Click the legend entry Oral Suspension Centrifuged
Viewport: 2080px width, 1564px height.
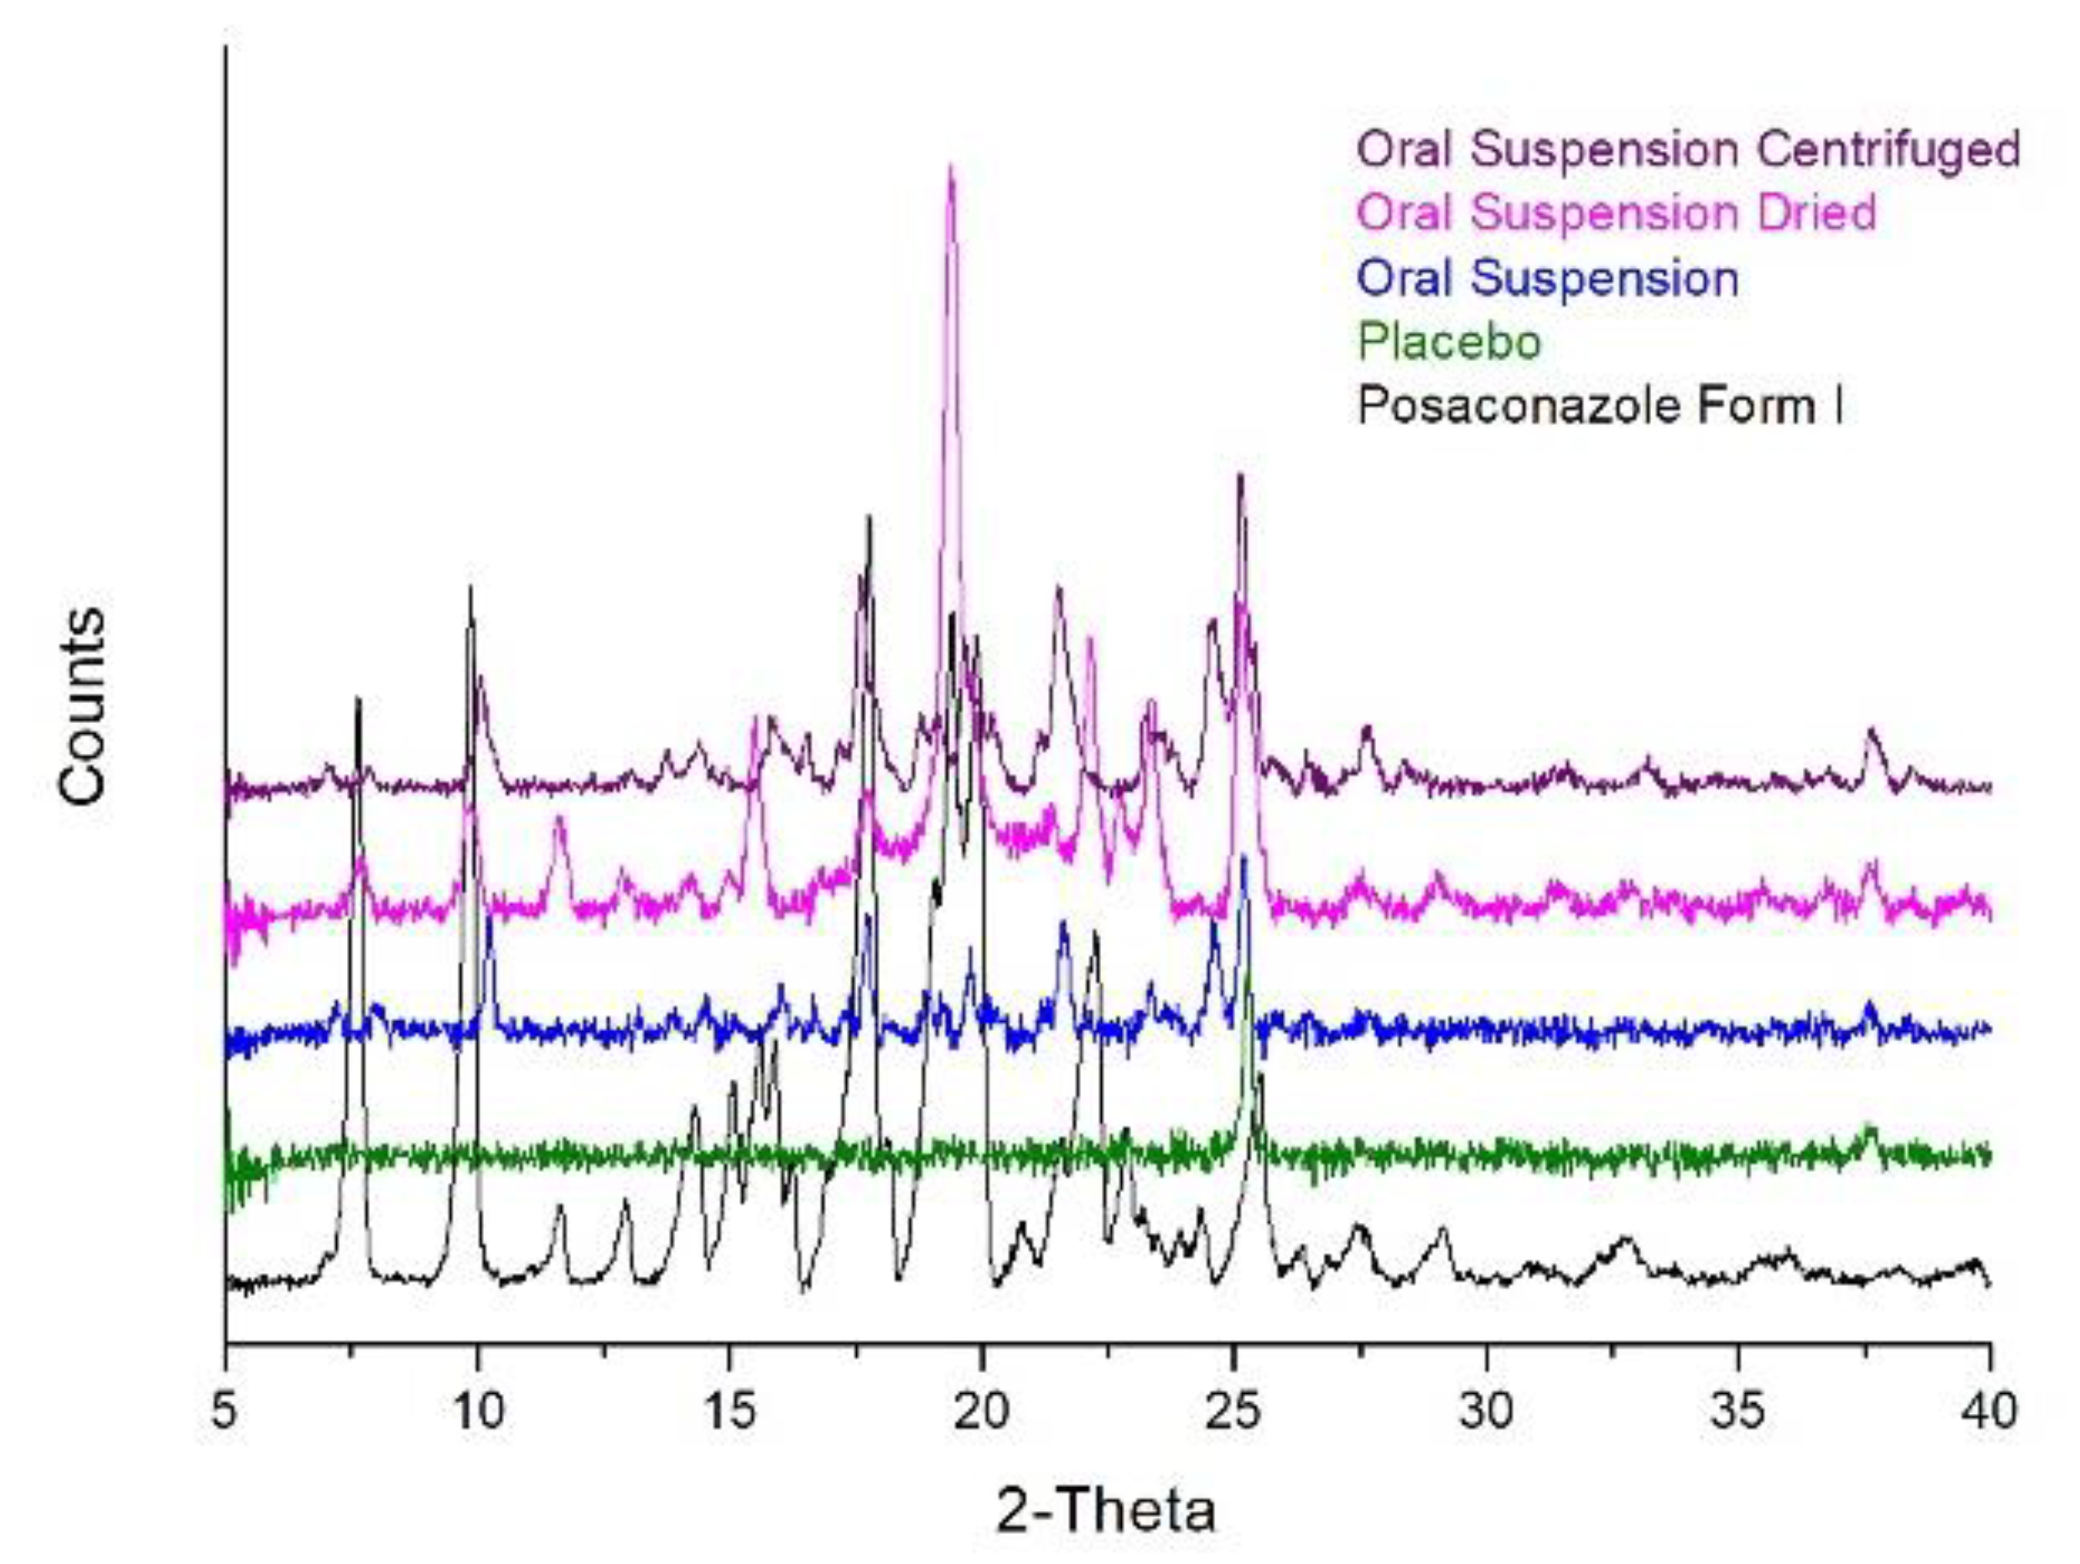(1689, 149)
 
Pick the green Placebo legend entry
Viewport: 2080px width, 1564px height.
(1450, 341)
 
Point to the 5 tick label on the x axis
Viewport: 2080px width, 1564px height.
(224, 1410)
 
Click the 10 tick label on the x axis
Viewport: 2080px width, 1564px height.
(478, 1410)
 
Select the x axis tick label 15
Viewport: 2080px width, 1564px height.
(729, 1410)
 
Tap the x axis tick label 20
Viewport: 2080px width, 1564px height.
(982, 1410)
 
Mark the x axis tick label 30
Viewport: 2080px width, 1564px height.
(1487, 1410)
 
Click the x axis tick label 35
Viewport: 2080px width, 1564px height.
(1737, 1410)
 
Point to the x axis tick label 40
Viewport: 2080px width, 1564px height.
(1990, 1410)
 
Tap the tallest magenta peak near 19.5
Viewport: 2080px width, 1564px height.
(952, 169)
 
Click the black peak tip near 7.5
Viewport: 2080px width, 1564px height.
(358, 699)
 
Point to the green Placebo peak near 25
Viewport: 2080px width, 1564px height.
(1249, 977)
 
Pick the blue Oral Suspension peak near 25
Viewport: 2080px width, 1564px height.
(1244, 857)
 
